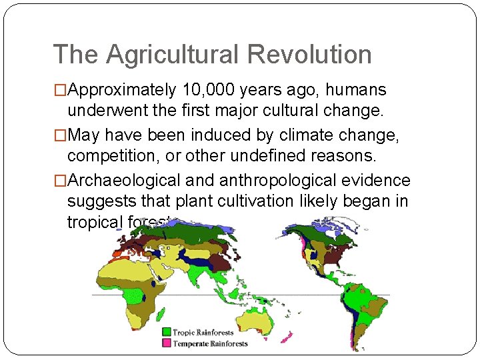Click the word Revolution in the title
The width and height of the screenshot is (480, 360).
point(315,55)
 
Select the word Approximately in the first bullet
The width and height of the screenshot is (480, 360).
point(121,90)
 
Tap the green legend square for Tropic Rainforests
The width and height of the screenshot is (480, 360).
point(166,332)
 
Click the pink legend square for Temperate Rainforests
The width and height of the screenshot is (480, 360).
point(166,343)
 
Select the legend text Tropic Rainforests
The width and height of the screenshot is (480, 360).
point(203,332)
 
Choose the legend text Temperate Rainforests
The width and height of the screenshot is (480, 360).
point(210,344)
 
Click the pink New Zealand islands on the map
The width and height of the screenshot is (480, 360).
point(287,337)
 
